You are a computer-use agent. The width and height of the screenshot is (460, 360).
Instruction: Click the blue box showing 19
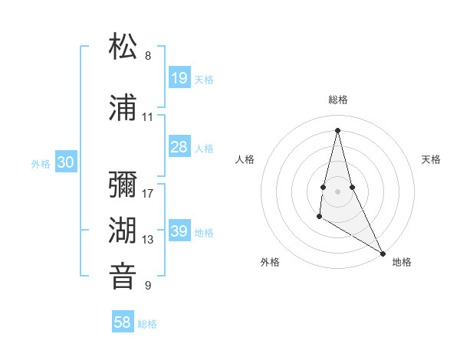[179, 77]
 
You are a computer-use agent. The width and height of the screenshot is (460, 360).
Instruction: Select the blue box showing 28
[179, 147]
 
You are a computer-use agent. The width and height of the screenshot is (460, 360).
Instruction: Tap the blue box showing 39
[179, 231]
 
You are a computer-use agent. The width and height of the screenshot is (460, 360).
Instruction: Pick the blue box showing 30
[65, 162]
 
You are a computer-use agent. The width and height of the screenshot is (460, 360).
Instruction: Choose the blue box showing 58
[123, 322]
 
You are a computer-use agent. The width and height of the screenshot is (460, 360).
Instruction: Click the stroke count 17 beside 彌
[148, 194]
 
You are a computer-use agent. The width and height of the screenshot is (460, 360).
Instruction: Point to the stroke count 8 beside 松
[148, 56]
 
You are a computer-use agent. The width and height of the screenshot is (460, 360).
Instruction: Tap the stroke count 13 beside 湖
[148, 240]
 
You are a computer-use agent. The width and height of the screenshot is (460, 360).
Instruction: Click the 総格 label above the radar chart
[337, 100]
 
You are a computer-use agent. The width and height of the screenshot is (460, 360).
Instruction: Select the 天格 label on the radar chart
[431, 159]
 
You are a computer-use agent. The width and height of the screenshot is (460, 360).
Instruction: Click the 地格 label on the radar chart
[402, 262]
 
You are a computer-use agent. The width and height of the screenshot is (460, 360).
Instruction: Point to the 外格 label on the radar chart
[270, 262]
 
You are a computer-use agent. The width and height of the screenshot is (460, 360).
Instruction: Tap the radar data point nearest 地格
[383, 254]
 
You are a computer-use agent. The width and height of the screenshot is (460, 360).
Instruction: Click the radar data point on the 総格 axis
[337, 129]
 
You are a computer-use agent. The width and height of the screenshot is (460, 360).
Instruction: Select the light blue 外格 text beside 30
[40, 163]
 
